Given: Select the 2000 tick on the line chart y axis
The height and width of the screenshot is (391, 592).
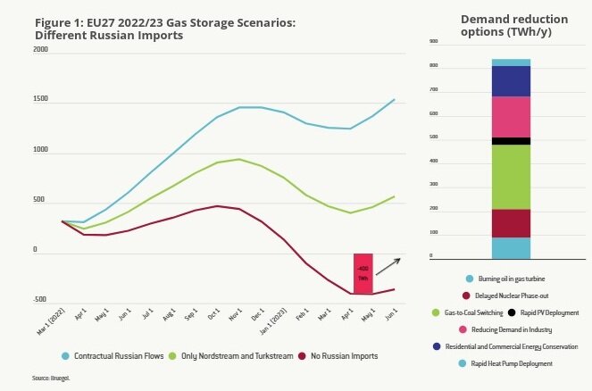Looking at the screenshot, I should (40, 50).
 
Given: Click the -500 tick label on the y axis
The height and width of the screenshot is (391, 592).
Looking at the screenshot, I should (39, 300).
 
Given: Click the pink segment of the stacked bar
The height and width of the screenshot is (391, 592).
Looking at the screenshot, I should (511, 117).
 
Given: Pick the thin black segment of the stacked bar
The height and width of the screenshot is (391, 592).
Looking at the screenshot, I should (511, 141).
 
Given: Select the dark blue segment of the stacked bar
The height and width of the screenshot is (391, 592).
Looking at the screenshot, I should (511, 81).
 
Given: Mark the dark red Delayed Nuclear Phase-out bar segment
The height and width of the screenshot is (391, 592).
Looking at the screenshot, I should (511, 223).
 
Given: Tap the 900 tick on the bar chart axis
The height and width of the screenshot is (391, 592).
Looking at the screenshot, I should (434, 42).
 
